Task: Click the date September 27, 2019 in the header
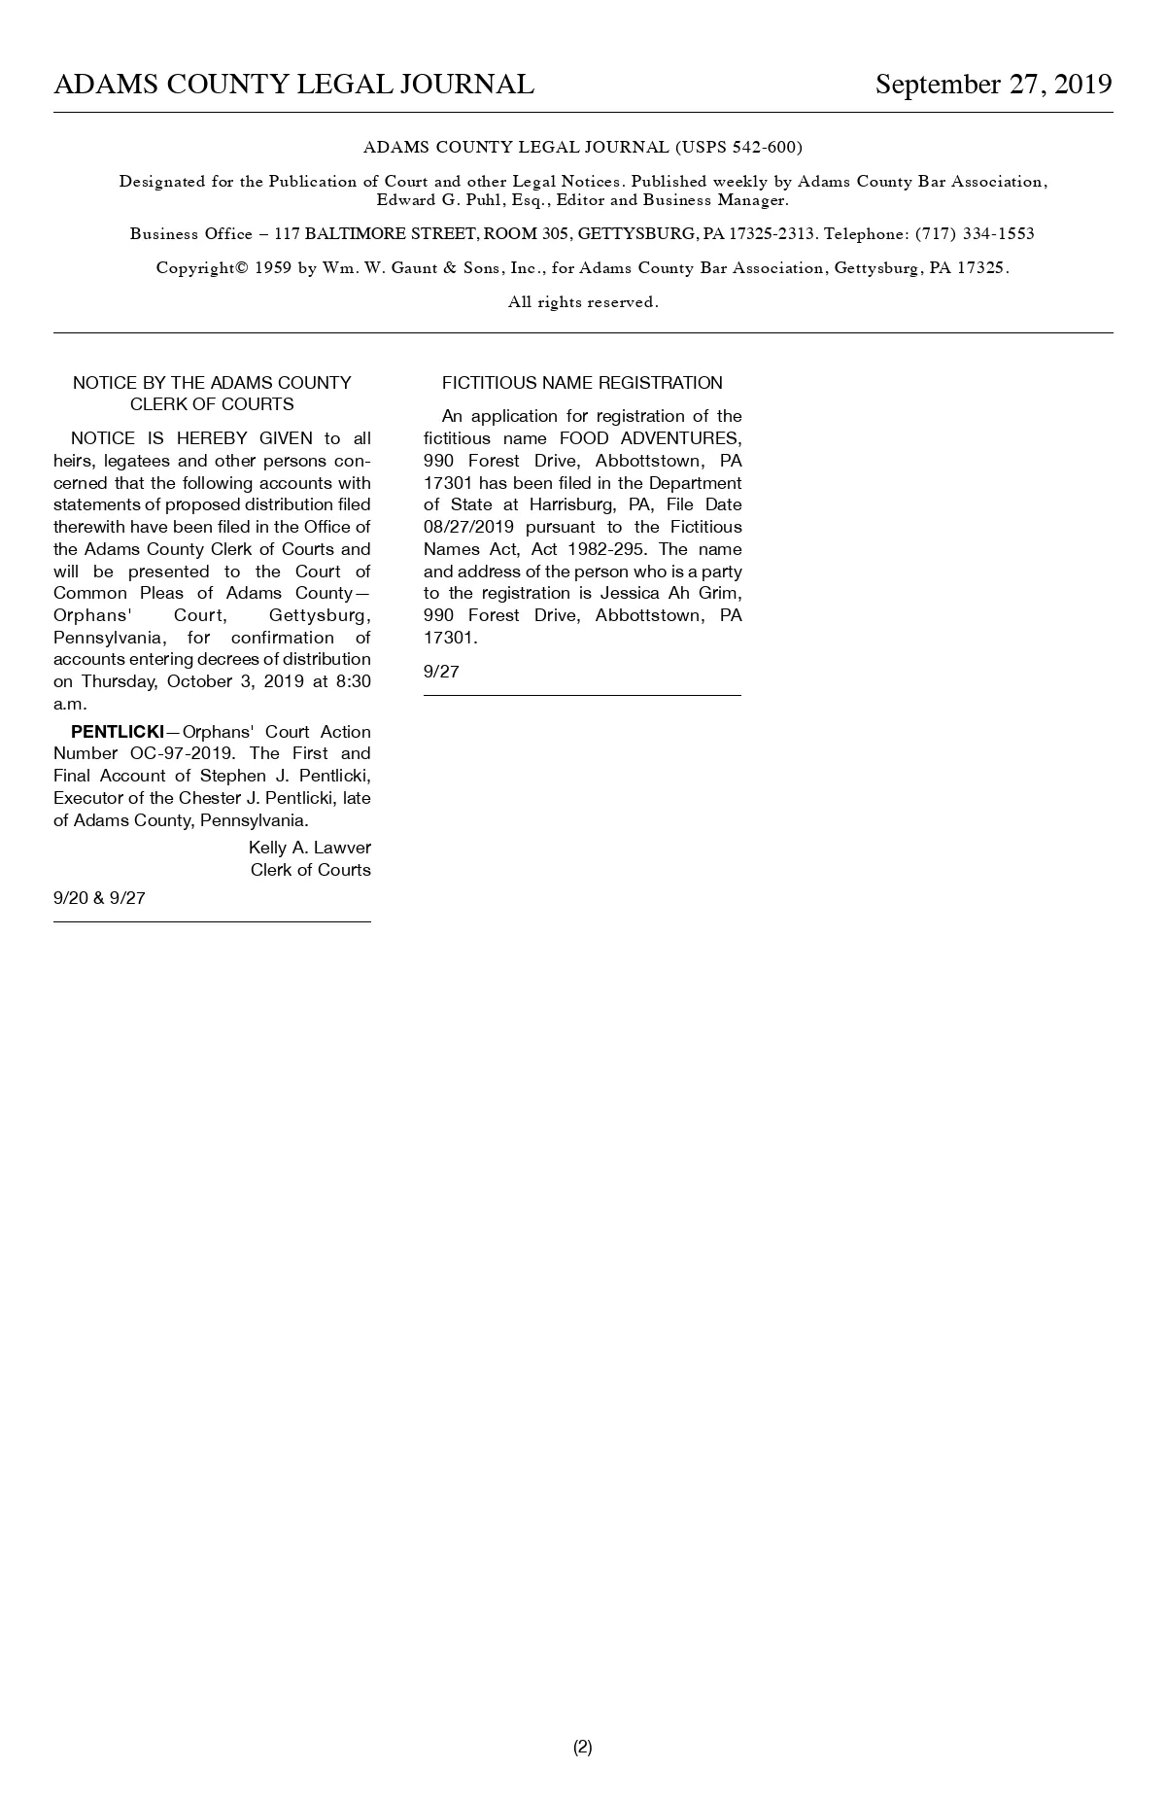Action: click(993, 85)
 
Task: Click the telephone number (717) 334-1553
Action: click(975, 234)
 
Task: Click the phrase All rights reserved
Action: click(583, 302)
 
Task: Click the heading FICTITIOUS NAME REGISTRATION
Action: click(582, 383)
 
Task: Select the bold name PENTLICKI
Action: click(118, 732)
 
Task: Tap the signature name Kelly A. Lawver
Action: click(309, 848)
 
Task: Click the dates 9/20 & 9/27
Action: click(99, 898)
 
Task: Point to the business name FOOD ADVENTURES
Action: click(650, 438)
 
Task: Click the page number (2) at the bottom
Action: click(582, 1747)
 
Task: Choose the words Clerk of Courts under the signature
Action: click(310, 870)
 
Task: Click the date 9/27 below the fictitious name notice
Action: click(441, 672)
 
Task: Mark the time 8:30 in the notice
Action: click(353, 681)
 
